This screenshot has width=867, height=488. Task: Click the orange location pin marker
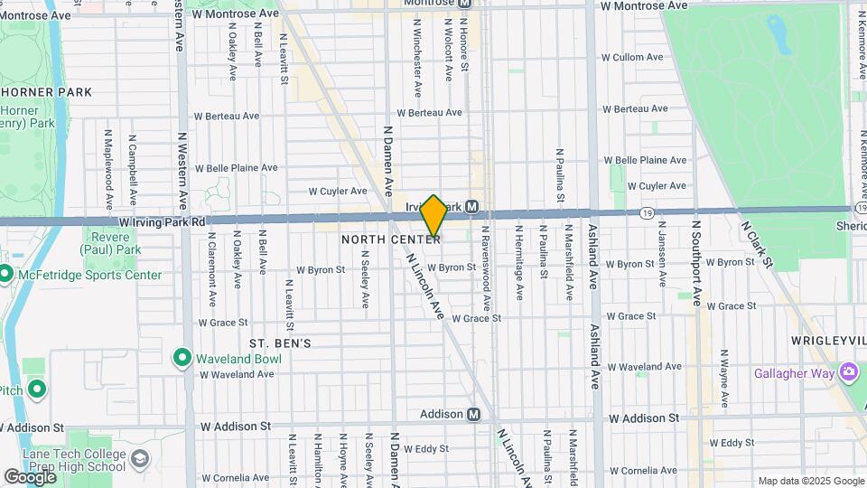pos(434,217)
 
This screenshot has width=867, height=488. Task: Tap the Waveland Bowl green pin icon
pos(182,358)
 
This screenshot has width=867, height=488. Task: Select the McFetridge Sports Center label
pos(93,275)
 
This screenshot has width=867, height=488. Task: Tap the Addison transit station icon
pos(473,414)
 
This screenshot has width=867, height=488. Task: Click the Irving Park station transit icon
pos(473,206)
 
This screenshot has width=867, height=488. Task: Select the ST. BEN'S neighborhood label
pos(280,343)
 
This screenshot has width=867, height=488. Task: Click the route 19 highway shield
pos(648,212)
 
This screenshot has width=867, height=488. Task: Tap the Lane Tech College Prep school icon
pos(140,459)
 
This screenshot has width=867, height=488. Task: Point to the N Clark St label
pos(757,244)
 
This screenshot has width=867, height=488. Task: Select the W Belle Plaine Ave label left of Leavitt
pos(237,168)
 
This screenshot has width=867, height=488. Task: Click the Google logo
pos(31,476)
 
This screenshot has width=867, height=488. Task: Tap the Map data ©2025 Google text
pos(809,481)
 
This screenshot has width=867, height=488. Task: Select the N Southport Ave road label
pos(695,262)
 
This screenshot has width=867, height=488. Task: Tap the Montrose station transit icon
pos(463,3)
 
